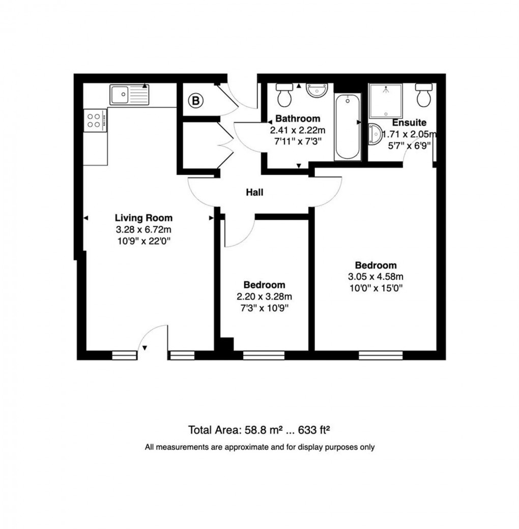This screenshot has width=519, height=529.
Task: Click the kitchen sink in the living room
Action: click(x=129, y=95)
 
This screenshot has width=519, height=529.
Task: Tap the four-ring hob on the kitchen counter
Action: click(x=95, y=121)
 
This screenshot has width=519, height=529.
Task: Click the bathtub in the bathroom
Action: click(x=348, y=127)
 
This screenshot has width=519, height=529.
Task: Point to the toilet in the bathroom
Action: click(x=284, y=95)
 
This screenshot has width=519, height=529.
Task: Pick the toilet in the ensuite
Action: click(x=423, y=95)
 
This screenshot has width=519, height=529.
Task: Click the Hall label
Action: click(x=255, y=192)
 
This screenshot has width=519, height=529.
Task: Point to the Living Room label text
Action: click(x=143, y=218)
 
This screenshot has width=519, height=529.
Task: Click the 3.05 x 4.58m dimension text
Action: click(x=376, y=277)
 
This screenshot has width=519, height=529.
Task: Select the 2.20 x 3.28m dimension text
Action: click(x=264, y=297)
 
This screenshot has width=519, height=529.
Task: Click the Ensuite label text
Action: click(x=409, y=123)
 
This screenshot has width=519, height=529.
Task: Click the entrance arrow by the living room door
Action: click(x=145, y=348)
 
